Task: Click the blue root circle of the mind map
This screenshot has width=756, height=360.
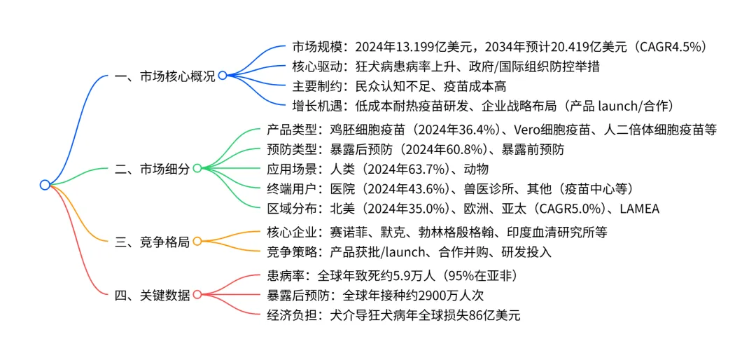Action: pos(45,185)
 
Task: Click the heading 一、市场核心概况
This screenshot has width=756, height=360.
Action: pos(164,76)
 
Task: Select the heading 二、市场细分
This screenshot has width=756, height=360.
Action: pos(152,168)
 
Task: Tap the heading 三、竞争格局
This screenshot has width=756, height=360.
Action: pos(152,242)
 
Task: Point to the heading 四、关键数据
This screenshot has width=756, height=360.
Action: pos(152,295)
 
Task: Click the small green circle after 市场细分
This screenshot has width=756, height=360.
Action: pos(197,168)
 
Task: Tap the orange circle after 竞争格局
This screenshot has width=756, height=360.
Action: pos(197,242)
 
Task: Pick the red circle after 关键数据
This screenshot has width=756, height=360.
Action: pos(197,295)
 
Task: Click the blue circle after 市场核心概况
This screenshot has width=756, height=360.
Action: pos(222,76)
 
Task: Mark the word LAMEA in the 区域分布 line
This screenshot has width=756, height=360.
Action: pos(638,208)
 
